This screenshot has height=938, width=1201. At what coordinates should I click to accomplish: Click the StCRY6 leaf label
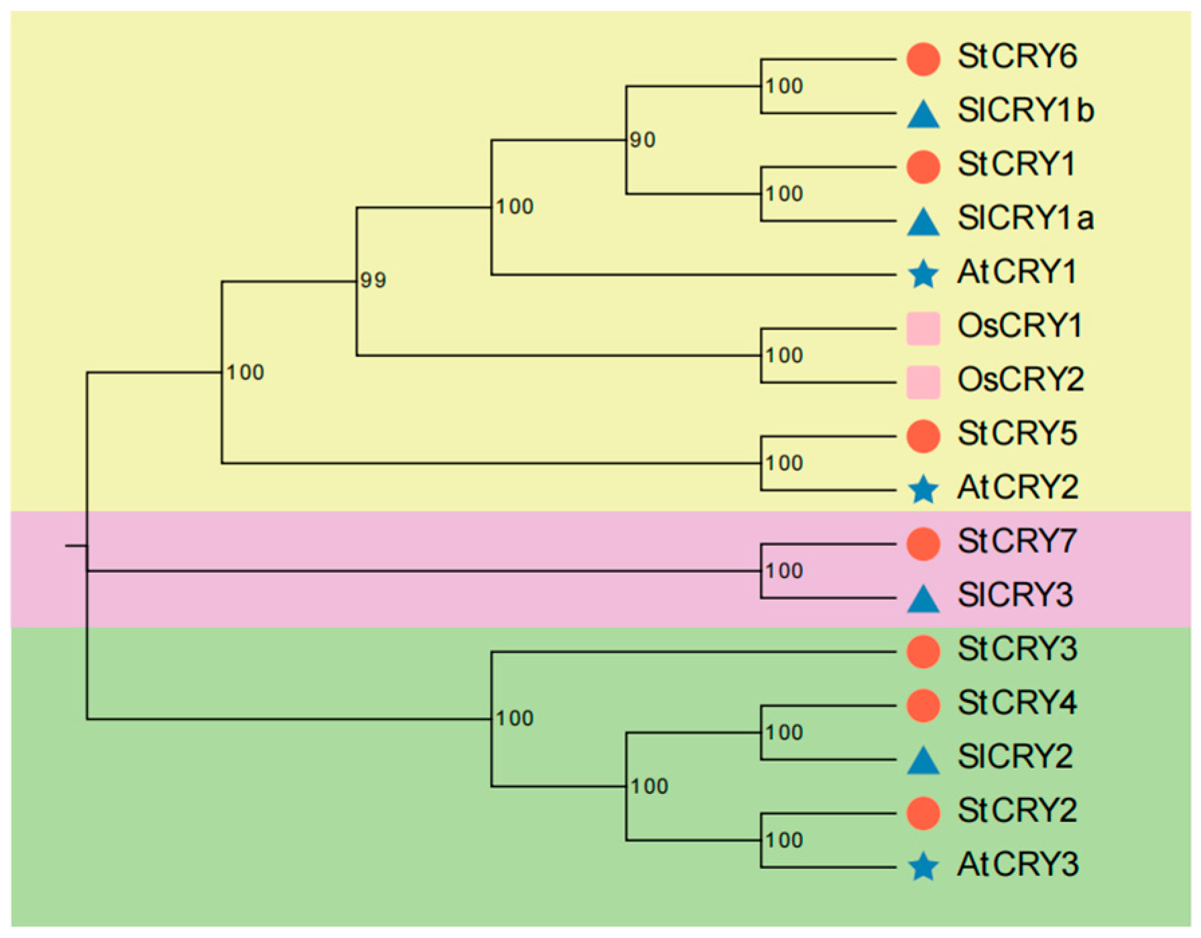click(x=1017, y=56)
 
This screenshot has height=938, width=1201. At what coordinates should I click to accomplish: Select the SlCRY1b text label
click(x=1025, y=111)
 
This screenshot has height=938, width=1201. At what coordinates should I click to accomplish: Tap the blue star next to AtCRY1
click(x=923, y=274)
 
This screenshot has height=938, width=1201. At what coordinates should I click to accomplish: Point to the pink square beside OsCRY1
click(x=923, y=328)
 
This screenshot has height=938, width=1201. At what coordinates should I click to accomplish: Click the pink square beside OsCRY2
click(x=923, y=382)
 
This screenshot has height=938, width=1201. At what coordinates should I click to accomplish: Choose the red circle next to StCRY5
click(x=923, y=436)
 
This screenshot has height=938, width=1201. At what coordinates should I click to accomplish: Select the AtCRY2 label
click(x=1017, y=488)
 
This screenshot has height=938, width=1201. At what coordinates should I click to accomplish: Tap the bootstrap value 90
click(x=642, y=140)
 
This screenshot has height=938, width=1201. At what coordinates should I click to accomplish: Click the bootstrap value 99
click(x=373, y=280)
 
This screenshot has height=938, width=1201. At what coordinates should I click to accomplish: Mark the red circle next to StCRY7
click(x=923, y=543)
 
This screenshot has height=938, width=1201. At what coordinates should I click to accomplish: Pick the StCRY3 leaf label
click(x=1017, y=649)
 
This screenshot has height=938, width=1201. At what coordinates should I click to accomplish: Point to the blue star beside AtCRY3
click(x=923, y=867)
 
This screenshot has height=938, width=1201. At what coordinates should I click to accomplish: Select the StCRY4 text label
click(x=1017, y=703)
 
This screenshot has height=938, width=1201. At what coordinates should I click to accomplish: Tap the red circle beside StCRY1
click(x=923, y=166)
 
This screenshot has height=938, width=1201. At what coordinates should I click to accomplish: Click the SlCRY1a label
click(x=1025, y=218)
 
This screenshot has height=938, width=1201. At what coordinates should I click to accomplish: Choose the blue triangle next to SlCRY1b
click(x=923, y=114)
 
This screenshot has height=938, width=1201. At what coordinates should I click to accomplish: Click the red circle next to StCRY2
click(x=923, y=813)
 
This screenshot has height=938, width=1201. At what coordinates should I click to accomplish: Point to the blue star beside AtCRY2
click(x=923, y=490)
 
